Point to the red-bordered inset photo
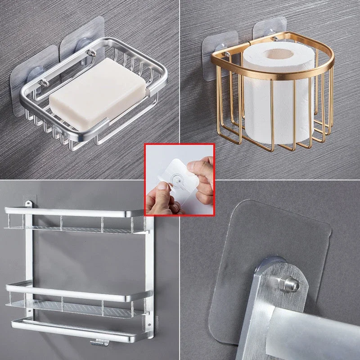(179, 179)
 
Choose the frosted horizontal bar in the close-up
(315, 324)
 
